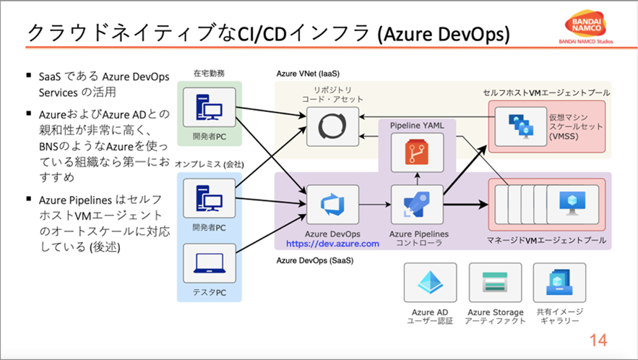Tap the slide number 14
(x=598, y=340)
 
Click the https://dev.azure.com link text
(x=333, y=244)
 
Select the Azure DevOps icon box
(x=333, y=204)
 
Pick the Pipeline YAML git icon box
(x=418, y=152)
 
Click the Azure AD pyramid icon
(x=430, y=282)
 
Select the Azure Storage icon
(x=495, y=282)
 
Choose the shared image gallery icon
(x=559, y=282)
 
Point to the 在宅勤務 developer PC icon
(x=208, y=105)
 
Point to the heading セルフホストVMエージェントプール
(x=546, y=93)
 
